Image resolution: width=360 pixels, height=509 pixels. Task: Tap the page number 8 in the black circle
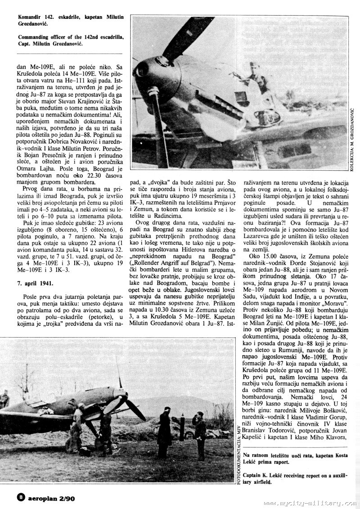click(20, 496)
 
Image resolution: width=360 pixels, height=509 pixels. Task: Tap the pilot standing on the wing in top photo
click(257, 79)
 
